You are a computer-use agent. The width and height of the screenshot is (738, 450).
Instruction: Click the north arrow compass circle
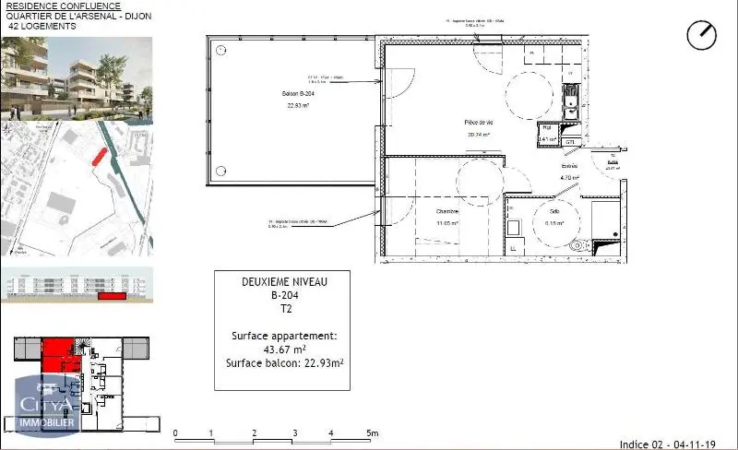click(x=702, y=35)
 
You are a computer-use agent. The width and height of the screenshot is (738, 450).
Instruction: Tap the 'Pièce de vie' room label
click(x=477, y=123)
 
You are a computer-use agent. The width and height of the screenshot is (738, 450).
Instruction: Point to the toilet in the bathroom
click(x=578, y=246)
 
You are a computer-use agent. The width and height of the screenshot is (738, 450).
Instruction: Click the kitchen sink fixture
click(x=571, y=97)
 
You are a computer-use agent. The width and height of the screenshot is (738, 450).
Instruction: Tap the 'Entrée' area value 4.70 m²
click(x=569, y=178)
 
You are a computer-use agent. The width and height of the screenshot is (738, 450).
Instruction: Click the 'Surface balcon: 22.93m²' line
click(x=284, y=362)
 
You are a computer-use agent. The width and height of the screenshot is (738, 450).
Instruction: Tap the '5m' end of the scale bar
click(x=371, y=433)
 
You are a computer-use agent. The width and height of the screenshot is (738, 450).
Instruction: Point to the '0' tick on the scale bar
click(x=174, y=433)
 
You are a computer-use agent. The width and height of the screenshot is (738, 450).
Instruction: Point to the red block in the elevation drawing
click(x=111, y=297)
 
